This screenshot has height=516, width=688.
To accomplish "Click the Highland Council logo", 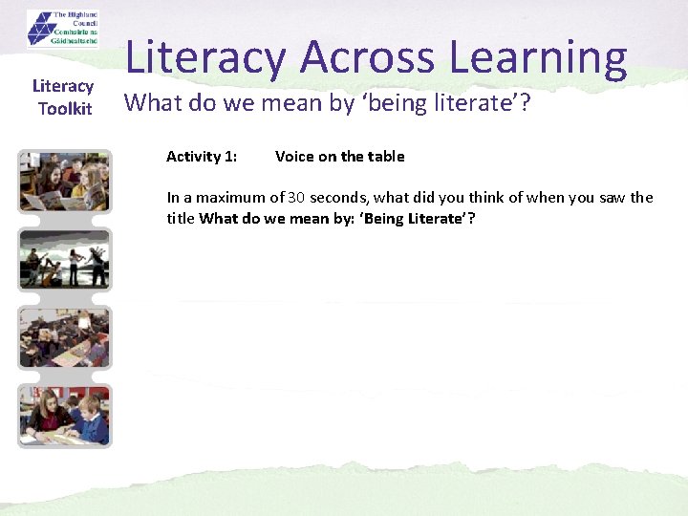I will coord(62,29).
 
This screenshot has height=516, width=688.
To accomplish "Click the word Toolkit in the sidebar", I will coord(65,108).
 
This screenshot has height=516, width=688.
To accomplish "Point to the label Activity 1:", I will coord(202,156).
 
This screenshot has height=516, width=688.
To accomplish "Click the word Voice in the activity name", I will coord(293,156).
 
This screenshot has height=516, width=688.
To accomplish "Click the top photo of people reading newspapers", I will coord(65,182).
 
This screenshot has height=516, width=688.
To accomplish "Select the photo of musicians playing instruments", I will coord(65,259).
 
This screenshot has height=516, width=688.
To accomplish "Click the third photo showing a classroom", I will coord(65,336).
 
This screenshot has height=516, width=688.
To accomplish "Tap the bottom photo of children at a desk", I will coord(65,415).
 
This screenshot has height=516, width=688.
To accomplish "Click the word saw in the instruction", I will coord(598,198).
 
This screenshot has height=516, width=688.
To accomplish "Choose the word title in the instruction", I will coord(181,218).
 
